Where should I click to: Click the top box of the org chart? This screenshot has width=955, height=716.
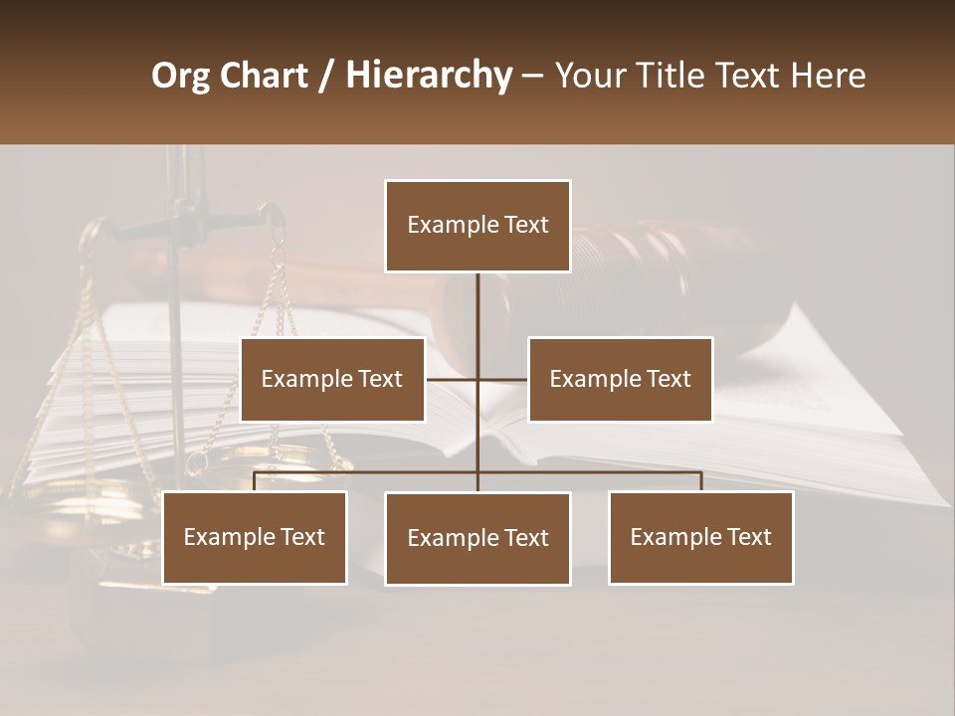(477, 226)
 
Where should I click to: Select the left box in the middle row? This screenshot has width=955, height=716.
(332, 379)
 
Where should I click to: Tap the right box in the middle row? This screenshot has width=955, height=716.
(620, 379)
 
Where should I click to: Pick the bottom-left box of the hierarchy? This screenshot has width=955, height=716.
(255, 537)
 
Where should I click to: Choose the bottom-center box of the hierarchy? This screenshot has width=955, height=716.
(477, 538)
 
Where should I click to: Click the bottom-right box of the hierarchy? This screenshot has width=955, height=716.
(701, 537)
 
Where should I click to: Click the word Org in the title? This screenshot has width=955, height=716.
(180, 76)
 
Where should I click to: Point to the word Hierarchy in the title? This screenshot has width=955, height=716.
(429, 76)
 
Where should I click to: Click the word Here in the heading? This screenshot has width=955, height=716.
(828, 76)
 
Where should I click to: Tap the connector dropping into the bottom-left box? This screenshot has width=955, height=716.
(255, 481)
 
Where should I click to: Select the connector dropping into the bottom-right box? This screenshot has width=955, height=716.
(701, 481)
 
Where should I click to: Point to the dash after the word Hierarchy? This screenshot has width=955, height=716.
(532, 76)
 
